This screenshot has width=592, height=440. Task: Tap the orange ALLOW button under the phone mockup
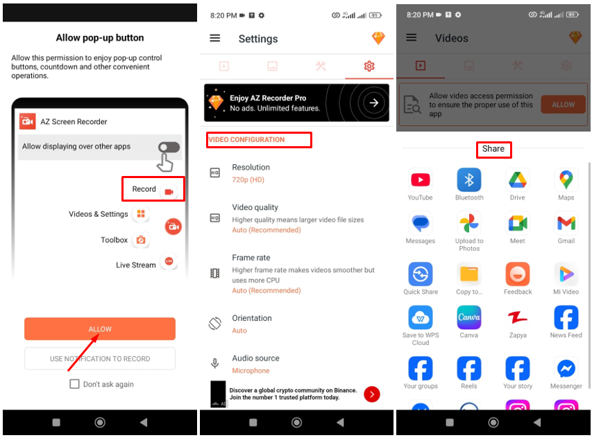99,329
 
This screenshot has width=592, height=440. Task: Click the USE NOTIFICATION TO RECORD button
99,359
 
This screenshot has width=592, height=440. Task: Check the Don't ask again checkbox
74,384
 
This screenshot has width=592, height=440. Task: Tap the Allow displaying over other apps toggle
169,147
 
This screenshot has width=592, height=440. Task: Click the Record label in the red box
144,189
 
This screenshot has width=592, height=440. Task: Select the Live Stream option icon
168,262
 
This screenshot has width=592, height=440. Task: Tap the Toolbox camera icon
141,240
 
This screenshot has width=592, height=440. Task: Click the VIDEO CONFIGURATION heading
246,140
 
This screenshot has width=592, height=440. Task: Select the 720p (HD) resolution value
248,179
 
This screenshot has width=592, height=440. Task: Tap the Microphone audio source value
251,371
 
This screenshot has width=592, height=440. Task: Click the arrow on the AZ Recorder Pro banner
374,103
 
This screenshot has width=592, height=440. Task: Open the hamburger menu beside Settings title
215,39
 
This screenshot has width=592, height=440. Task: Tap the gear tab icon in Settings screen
369,66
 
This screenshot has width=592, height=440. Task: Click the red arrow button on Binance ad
372,394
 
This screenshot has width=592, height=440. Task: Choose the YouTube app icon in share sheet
420,180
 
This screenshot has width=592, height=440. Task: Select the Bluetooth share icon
469,180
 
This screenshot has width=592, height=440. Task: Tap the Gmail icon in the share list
566,223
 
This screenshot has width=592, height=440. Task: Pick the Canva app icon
469,317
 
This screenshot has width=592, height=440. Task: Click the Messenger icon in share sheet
566,369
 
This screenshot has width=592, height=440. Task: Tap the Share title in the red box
493,149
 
